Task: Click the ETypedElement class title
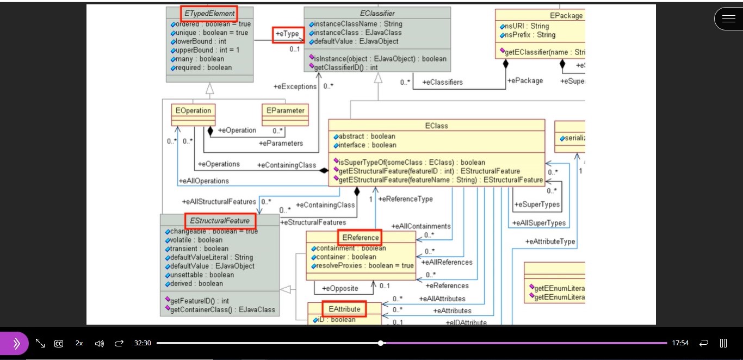coord(209,13)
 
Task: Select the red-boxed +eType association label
coord(288,34)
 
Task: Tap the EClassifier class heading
coord(377,13)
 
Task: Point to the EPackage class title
coord(566,16)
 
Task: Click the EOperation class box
coord(193,110)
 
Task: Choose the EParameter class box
coord(285,110)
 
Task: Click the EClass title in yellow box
coord(436,126)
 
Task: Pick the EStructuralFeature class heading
coord(220,221)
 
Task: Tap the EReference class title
coord(360,238)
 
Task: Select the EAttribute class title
coord(344,309)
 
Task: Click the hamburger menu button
coord(728,19)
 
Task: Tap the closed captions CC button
coord(59,343)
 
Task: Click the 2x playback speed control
coord(79,343)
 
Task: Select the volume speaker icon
coord(99,343)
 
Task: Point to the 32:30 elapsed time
coord(143,343)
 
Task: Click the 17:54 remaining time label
coord(680,343)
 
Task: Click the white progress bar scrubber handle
coord(381,343)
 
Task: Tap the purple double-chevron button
coord(15,343)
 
